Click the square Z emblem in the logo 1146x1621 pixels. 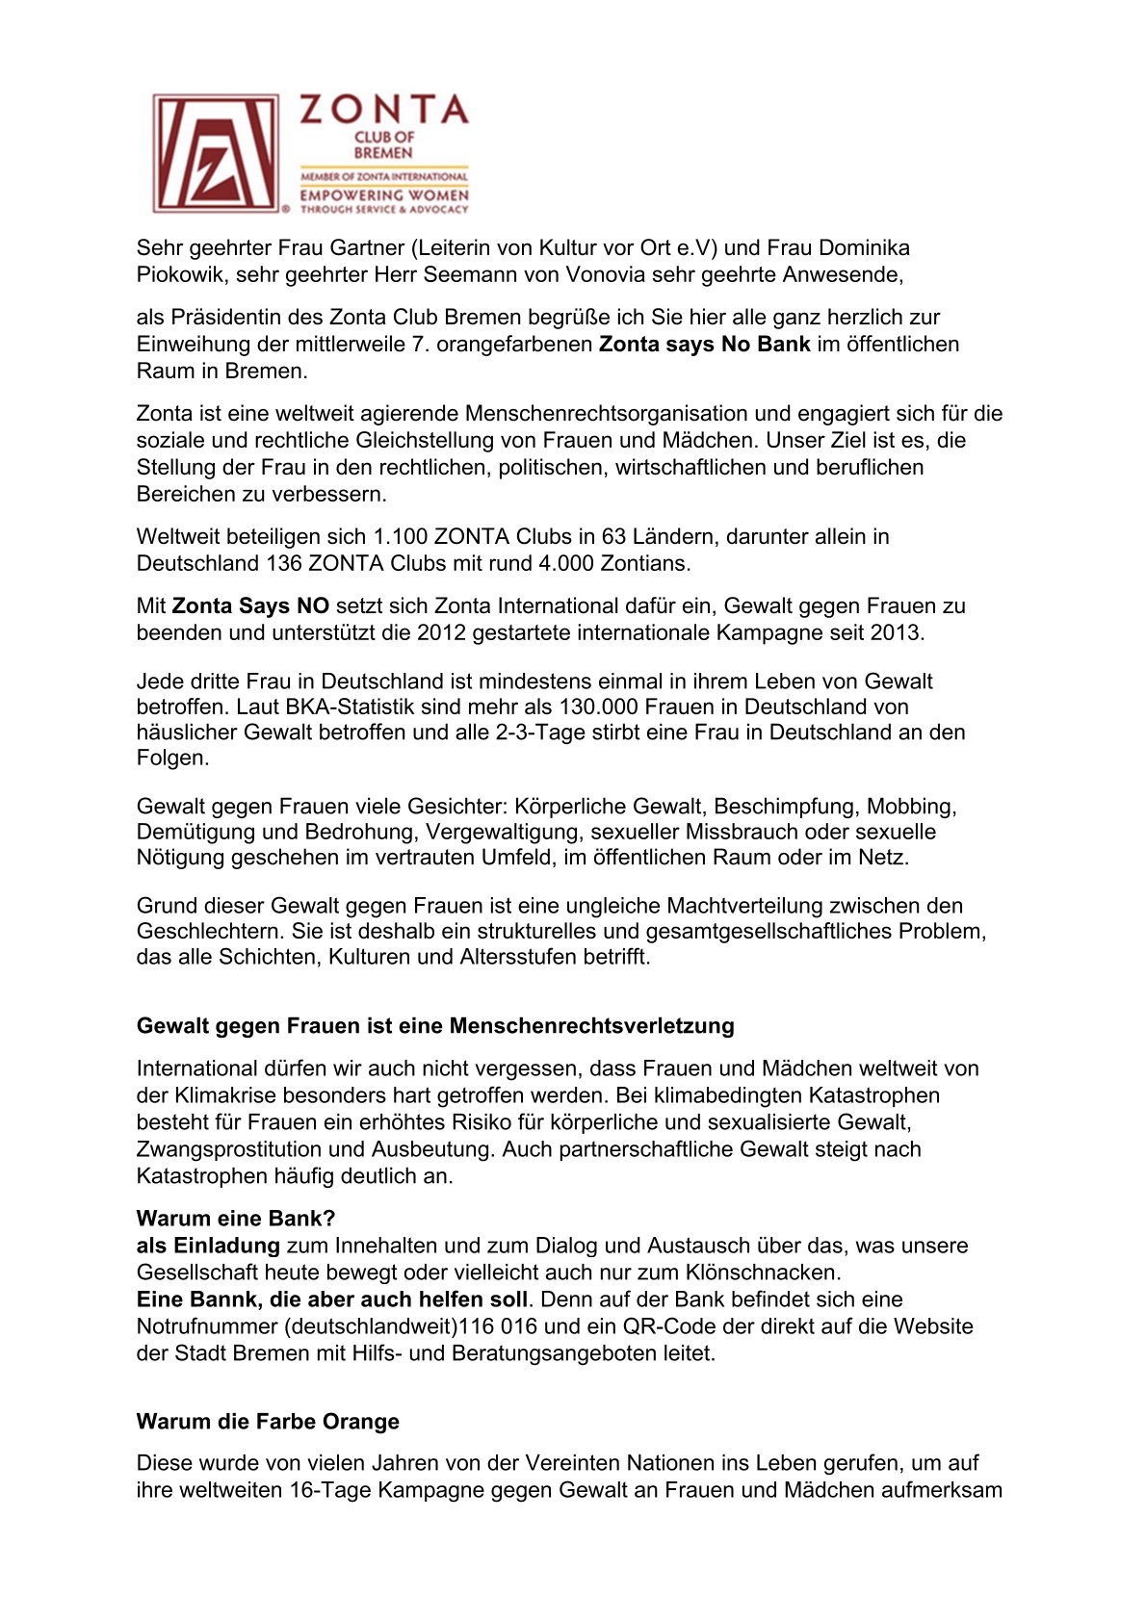coord(217,153)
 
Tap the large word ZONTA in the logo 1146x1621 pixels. coord(383,111)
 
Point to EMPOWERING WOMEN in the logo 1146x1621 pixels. coord(383,195)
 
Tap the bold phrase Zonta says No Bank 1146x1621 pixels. coord(704,345)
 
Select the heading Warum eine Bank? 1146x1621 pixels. coord(236,1219)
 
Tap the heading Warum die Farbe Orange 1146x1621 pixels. coord(268,1422)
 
